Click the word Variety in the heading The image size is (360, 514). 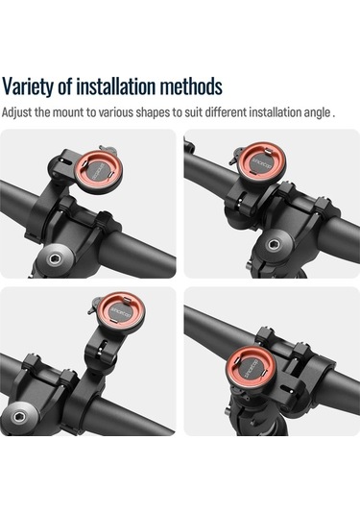pos(29,86)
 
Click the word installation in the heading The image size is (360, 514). pos(116,86)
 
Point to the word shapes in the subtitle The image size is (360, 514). pos(154,113)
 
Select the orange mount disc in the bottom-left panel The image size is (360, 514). pos(122,310)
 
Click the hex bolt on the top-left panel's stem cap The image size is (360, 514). pos(53,260)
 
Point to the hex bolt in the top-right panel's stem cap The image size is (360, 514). pos(273,244)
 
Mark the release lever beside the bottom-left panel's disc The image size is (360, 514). pos(94,305)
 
